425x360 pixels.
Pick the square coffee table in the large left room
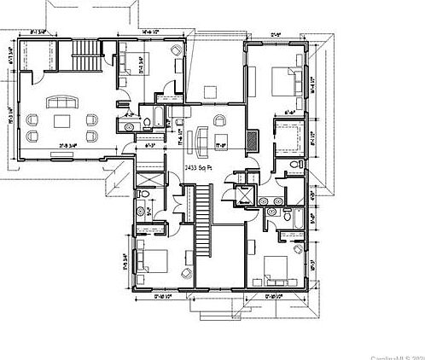pyautogui.click(x=66, y=121)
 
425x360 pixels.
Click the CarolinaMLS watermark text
pyautogui.click(x=396, y=354)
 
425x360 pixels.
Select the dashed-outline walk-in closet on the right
pyautogui.click(x=285, y=136)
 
